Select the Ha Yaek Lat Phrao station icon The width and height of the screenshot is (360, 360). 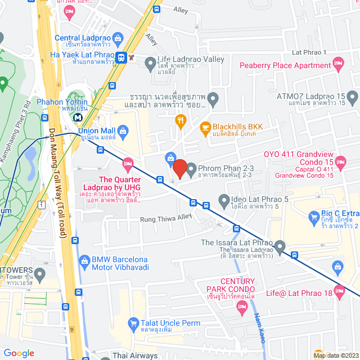pos(121,57)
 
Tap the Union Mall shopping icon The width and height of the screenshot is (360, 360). pos(125,131)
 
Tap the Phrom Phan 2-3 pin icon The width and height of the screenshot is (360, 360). pos(191,169)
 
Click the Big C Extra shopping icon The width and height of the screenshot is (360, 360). pos(314,216)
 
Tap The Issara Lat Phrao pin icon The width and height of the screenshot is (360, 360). pos(280,246)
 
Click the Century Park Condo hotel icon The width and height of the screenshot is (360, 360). pos(242,307)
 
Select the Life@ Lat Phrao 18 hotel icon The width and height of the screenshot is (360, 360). pos(339,291)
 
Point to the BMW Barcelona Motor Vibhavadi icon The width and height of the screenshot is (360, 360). pos(84,260)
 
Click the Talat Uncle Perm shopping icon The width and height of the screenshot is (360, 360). pos(133,323)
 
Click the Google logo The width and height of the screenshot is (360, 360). pos(19,353)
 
